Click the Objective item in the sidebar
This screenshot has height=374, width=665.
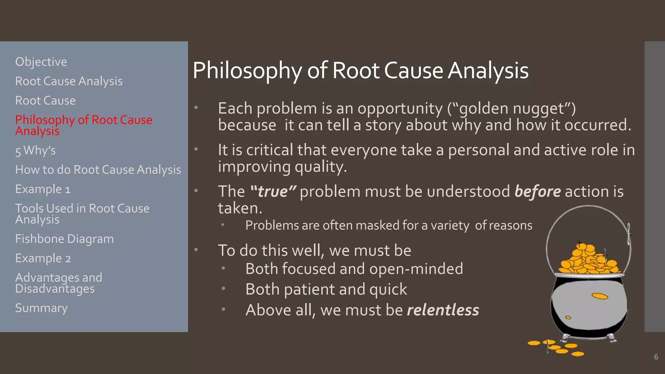[41, 62]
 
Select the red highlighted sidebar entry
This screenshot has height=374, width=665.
[83, 125]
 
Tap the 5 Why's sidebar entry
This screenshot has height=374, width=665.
[35, 151]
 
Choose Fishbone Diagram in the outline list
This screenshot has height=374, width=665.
[64, 239]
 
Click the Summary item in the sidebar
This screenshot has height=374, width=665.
[41, 308]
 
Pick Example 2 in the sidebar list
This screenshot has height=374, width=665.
[43, 258]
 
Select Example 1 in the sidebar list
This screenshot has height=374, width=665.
[43, 189]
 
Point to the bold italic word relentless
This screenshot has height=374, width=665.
[443, 310]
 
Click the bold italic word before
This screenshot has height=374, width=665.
[537, 192]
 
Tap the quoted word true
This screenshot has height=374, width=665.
[273, 192]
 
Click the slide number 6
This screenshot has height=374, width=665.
[656, 357]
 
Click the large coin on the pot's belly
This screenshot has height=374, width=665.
[599, 296]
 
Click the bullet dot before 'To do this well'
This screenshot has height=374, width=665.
[196, 250]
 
